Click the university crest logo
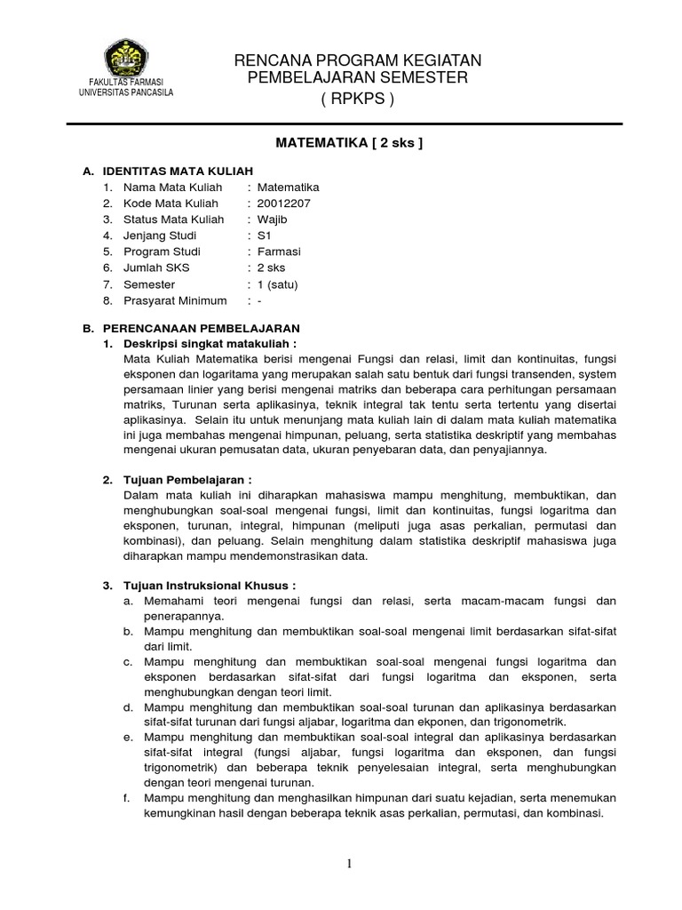pos(126,59)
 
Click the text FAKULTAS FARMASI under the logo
pos(126,83)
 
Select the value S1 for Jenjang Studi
pos(264,235)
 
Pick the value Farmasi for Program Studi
pos(277,251)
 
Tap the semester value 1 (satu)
pos(278,285)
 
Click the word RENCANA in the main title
pos(266,60)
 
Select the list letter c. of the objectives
pos(128,662)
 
